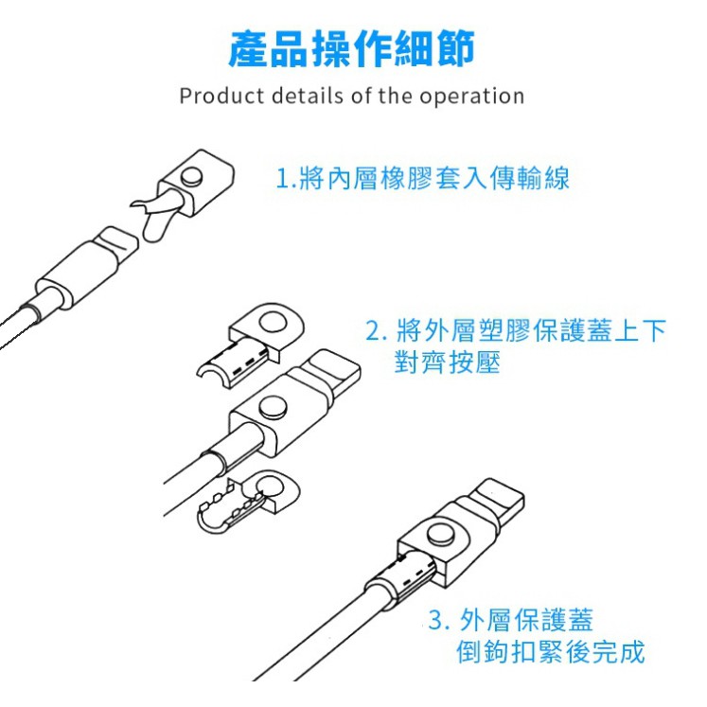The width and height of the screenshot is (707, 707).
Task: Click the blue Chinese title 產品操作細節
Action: click(351, 49)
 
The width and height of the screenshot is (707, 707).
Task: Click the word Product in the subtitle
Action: click(221, 96)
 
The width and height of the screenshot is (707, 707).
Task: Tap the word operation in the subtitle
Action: click(472, 97)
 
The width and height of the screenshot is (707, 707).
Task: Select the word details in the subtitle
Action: click(308, 96)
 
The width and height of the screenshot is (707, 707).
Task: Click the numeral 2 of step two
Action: click(373, 330)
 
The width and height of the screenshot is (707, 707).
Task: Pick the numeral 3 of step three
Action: click(435, 620)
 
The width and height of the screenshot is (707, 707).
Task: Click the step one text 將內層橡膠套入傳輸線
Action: click(434, 178)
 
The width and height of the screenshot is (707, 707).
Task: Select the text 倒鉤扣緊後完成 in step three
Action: click(550, 651)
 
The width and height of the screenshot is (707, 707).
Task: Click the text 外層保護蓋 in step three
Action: click(525, 620)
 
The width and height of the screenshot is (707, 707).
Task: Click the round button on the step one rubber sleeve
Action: click(191, 177)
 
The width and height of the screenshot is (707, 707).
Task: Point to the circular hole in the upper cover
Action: click(273, 325)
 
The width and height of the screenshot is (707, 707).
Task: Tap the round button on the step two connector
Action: click(273, 406)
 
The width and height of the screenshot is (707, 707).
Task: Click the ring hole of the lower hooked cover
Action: click(271, 487)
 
